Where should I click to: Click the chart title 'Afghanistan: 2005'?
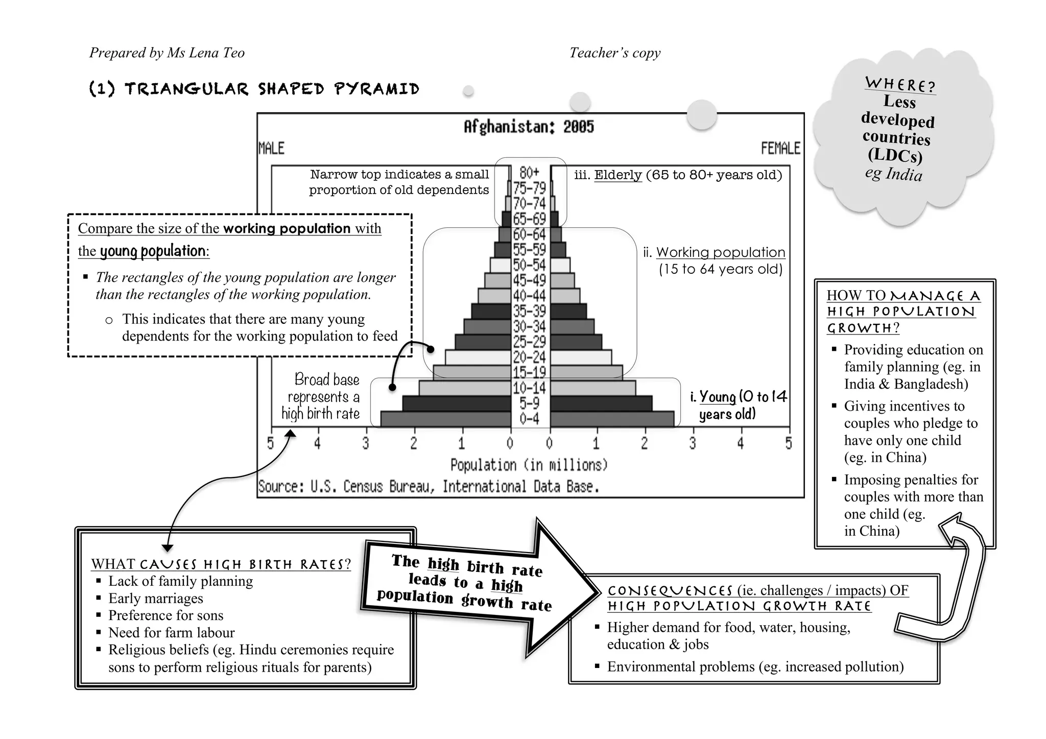(x=529, y=127)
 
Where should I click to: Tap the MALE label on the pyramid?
(x=271, y=149)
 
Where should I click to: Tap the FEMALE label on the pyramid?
(x=780, y=149)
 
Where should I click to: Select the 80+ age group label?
(x=530, y=172)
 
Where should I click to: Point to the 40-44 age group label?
(x=530, y=296)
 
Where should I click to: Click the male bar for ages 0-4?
(x=446, y=419)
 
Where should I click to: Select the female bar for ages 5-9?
(x=601, y=403)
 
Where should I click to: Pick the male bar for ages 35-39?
(x=491, y=311)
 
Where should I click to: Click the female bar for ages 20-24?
(x=581, y=357)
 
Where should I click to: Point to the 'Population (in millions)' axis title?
(x=529, y=465)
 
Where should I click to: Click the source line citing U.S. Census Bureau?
(x=428, y=486)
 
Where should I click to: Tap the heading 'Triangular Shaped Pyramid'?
(x=254, y=89)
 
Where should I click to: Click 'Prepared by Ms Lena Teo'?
(x=167, y=53)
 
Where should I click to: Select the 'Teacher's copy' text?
(x=615, y=53)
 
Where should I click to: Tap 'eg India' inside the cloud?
(x=894, y=174)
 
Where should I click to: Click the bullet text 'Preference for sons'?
(x=165, y=615)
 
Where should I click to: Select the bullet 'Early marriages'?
(x=155, y=598)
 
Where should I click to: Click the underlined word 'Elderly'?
(x=618, y=175)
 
